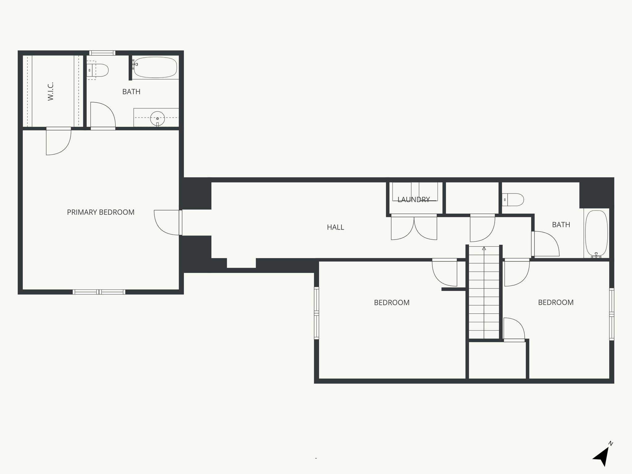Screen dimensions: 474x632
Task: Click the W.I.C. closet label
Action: pos(51,91)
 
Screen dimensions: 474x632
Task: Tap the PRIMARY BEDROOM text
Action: pos(101,212)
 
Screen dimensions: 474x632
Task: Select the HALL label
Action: pos(335,227)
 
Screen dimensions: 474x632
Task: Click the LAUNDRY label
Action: pos(414,200)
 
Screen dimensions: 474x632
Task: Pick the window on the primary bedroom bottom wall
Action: pos(99,292)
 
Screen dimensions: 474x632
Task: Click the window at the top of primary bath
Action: pos(102,53)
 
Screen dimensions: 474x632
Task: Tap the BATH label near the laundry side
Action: pos(561,225)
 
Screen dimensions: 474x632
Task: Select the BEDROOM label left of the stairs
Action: pos(392,302)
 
